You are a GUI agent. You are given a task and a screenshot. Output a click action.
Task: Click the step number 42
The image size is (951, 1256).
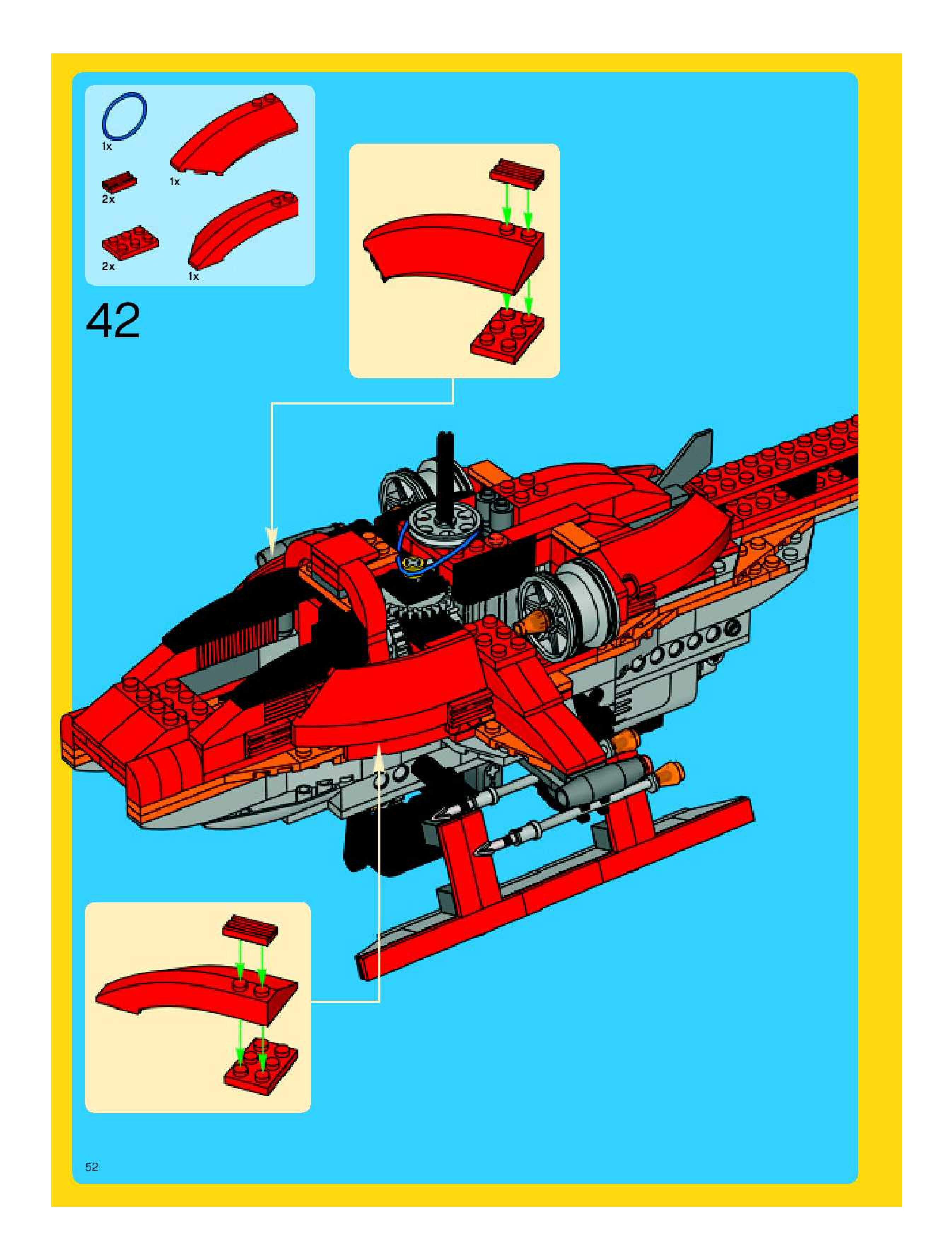[113, 321]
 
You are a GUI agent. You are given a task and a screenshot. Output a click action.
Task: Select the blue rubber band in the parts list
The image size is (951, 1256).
[124, 117]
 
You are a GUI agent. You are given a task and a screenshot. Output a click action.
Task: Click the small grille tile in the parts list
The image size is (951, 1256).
[119, 182]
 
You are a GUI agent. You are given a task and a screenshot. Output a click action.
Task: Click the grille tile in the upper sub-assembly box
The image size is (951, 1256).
[516, 173]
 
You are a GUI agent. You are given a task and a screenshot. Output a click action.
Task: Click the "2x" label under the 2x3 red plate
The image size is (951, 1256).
[108, 266]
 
